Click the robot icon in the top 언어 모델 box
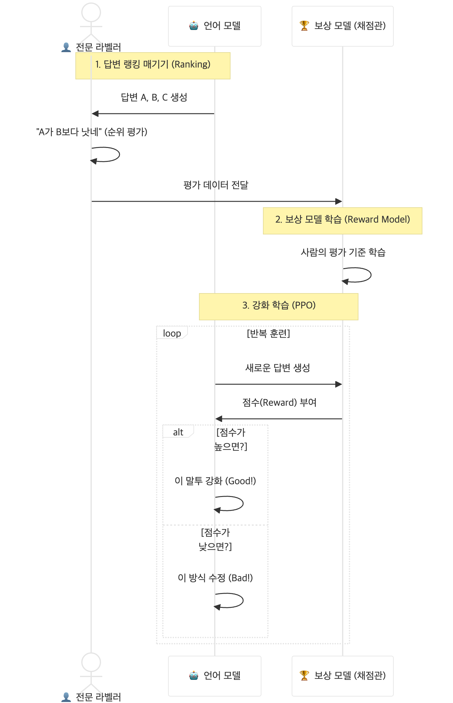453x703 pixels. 194,26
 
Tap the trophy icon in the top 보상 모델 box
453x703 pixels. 304,26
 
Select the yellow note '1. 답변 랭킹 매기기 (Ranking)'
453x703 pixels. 153,65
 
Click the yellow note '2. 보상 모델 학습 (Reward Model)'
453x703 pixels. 342,221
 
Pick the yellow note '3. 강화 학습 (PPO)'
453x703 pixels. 278,306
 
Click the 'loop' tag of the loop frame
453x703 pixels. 172,333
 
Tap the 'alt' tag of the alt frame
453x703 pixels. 178,432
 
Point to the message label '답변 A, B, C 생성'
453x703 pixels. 154,97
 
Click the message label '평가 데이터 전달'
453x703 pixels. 216,185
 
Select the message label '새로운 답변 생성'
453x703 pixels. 277,368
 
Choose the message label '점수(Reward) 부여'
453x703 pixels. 279,402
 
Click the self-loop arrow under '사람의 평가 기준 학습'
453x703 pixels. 358,275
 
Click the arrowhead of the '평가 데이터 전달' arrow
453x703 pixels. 339,201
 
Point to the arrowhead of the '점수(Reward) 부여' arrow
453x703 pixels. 219,419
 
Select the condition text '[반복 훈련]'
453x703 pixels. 268,334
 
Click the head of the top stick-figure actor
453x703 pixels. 91,12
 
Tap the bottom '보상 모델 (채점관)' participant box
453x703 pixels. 342,676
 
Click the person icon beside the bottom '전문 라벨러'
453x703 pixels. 66,697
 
